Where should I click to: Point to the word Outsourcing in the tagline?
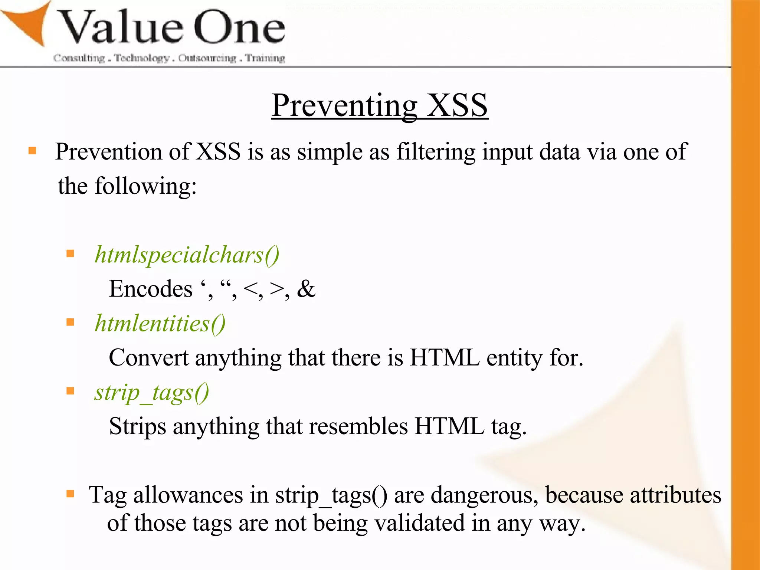click(207, 58)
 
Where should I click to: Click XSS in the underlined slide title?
click(456, 105)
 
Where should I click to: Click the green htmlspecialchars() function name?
click(187, 255)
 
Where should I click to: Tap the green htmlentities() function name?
click(160, 324)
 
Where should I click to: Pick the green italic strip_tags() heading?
click(151, 393)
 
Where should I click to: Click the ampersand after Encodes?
click(306, 289)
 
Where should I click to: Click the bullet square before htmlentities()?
click(70, 322)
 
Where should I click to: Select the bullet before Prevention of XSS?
click(32, 150)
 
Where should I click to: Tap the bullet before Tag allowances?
click(70, 494)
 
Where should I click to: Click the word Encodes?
click(151, 289)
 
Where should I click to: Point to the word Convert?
click(148, 358)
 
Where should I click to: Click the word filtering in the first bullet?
click(436, 152)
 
